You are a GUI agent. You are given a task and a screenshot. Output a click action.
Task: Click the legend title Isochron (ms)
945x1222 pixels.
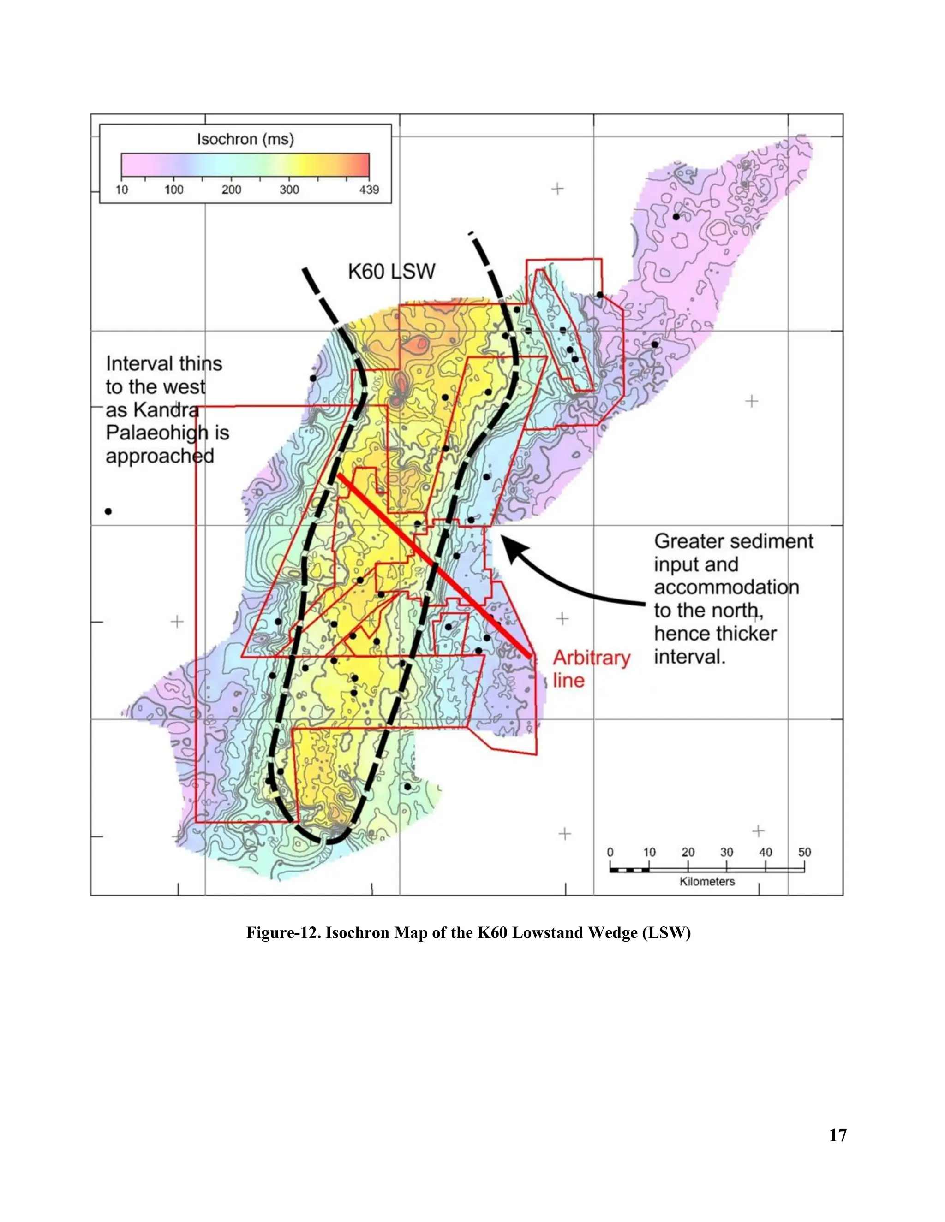click(x=245, y=139)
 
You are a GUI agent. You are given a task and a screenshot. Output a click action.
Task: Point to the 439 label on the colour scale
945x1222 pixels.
click(x=369, y=190)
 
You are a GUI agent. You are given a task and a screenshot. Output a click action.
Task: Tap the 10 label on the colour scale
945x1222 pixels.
click(x=121, y=190)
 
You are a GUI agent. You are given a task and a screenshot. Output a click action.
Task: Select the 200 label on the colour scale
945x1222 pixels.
click(x=231, y=190)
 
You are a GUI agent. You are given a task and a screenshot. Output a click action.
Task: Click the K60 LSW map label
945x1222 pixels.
click(x=391, y=272)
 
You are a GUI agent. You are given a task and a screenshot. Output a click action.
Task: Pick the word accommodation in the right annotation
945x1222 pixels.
click(x=726, y=587)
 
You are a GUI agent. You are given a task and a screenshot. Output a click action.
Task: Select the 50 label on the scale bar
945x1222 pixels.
click(x=804, y=852)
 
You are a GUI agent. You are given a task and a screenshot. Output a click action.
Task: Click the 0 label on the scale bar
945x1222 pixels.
click(x=610, y=852)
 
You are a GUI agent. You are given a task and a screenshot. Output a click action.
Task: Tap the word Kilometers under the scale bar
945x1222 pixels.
click(x=706, y=882)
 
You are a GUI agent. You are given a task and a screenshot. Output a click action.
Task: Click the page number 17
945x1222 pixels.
click(x=837, y=1135)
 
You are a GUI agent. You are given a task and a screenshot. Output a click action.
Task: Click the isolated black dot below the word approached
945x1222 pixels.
click(x=108, y=511)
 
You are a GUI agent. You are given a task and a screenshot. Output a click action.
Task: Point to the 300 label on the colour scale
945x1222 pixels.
click(x=289, y=190)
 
